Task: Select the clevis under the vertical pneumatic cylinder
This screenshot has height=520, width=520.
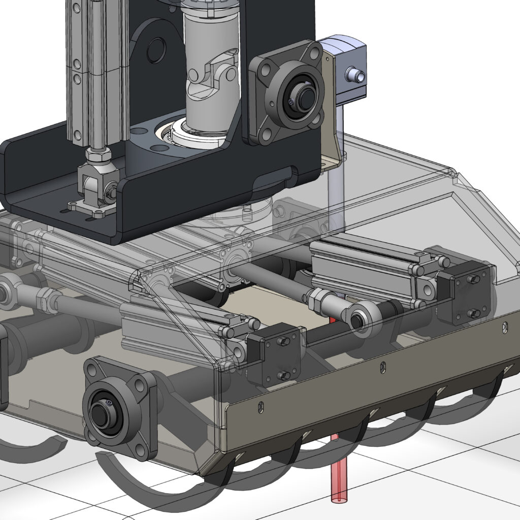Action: tap(96, 185)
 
